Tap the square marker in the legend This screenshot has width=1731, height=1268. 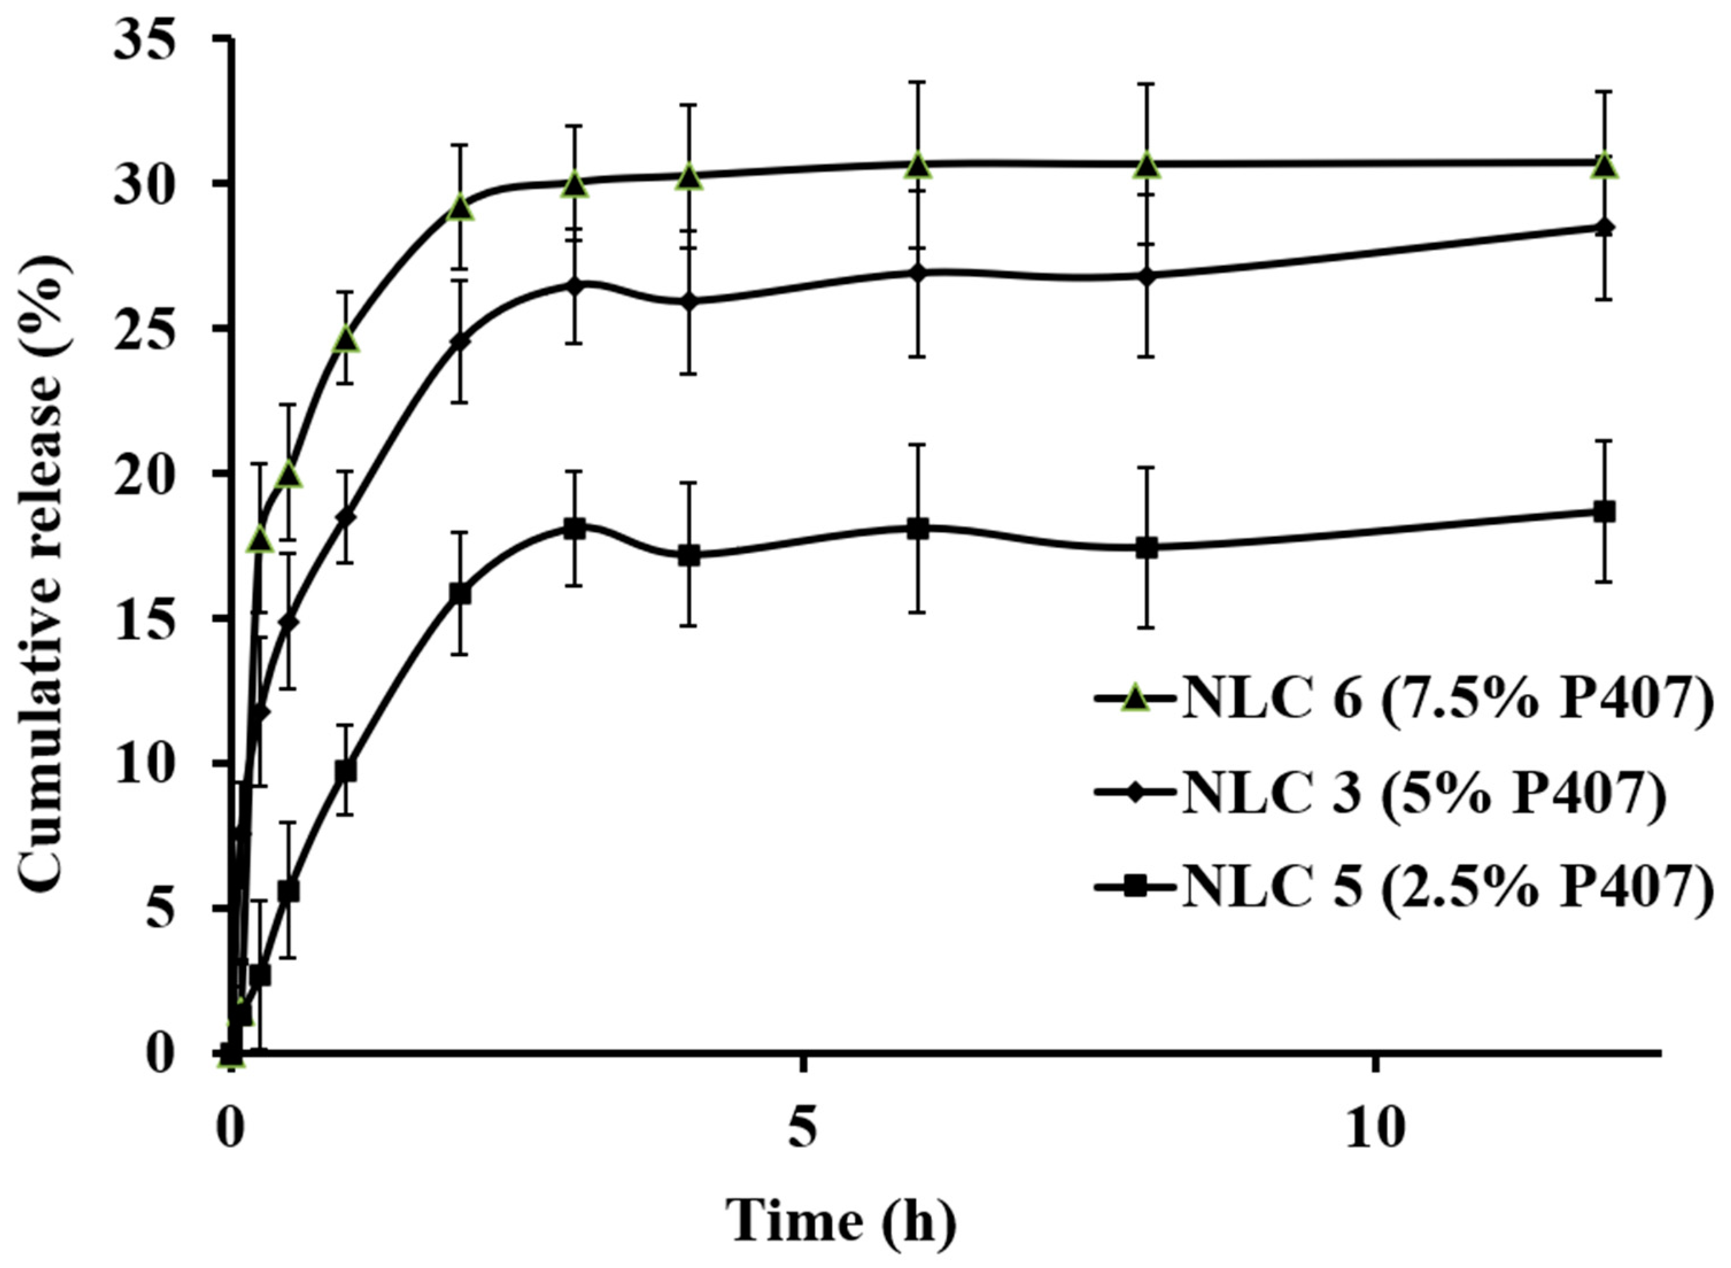pos(1135,888)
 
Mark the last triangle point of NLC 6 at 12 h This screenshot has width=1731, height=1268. pos(1604,166)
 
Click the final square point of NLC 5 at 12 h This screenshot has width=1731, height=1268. pos(1604,512)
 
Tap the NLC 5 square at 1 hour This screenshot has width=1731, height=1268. pos(346,771)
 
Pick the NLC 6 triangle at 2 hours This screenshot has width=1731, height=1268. pos(459,208)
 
